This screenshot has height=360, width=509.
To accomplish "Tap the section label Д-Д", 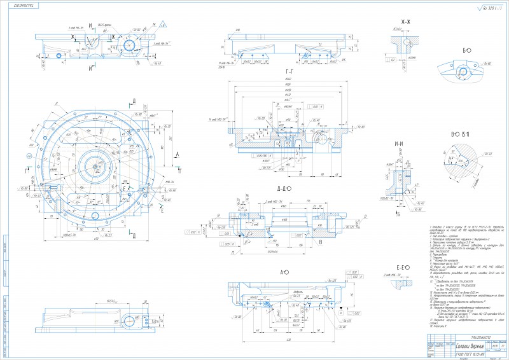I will tap(283, 189).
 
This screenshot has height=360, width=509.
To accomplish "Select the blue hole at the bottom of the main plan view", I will tap(91, 217).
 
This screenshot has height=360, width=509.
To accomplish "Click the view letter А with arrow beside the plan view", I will tap(177, 155).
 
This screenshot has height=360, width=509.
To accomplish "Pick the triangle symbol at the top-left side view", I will tap(164, 24).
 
